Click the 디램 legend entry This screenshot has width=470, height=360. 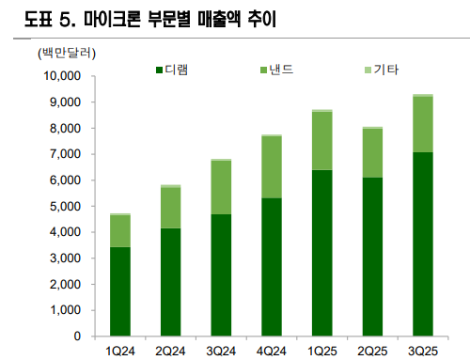pos(176,70)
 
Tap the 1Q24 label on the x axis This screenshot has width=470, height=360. pos(121,350)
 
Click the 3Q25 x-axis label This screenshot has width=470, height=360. pos(421,350)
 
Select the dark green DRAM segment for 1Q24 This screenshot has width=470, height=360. pos(120,291)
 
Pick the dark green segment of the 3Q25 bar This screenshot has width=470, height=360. pos(421,244)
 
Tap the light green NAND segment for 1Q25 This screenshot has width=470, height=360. pos(321,141)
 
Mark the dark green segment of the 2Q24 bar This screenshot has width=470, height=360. pos(170,282)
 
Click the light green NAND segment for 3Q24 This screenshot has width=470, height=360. pos(221,188)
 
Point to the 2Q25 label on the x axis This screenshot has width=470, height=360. pos(371,350)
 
